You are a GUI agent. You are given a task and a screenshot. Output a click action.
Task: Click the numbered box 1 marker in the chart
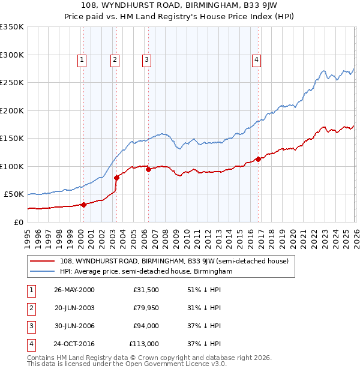click(x=82, y=59)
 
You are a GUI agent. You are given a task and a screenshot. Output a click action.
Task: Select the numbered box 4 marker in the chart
click(x=256, y=59)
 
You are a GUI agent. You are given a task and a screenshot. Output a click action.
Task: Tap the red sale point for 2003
click(x=116, y=178)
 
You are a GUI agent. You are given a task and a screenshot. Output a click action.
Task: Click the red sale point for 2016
click(x=258, y=159)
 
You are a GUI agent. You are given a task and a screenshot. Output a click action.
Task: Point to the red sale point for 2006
click(x=148, y=170)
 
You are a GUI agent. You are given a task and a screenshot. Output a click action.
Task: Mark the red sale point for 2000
click(x=84, y=205)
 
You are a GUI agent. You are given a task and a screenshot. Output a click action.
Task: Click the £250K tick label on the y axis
click(x=12, y=83)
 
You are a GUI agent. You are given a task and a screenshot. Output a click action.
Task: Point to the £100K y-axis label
click(x=12, y=166)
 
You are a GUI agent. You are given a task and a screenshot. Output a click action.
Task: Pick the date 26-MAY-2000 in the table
click(x=74, y=290)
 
